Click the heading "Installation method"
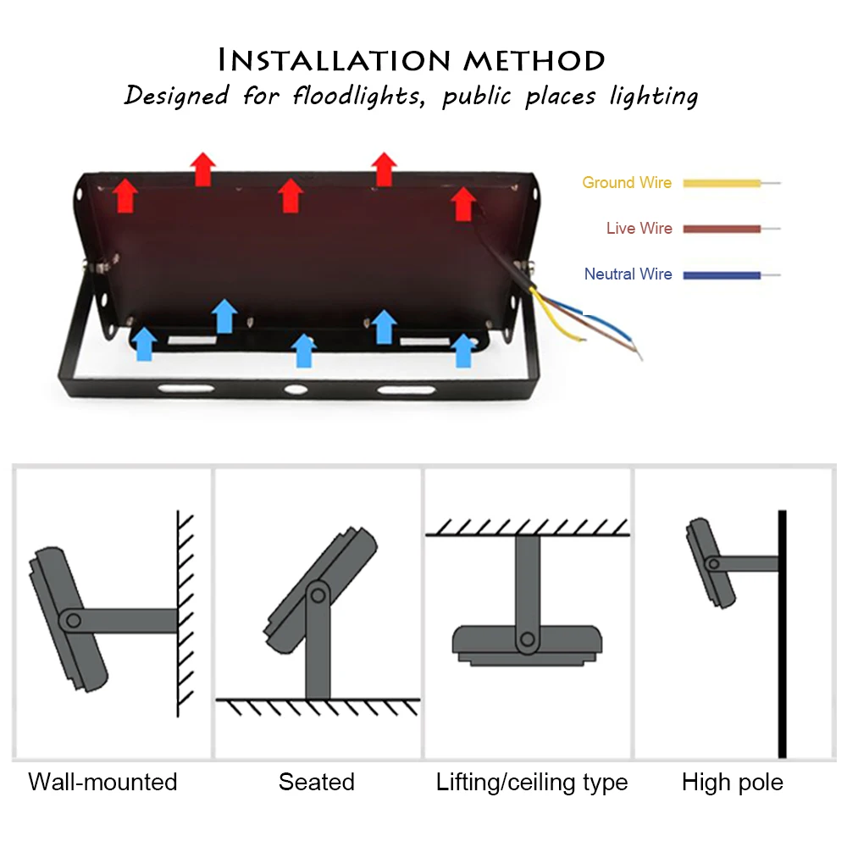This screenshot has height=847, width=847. pyautogui.click(x=412, y=60)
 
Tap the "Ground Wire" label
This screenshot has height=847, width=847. pyautogui.click(x=626, y=182)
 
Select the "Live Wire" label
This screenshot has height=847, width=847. pyautogui.click(x=639, y=228)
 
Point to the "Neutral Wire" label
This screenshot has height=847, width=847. pyautogui.click(x=628, y=274)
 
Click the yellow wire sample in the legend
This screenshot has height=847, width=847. pyautogui.click(x=722, y=182)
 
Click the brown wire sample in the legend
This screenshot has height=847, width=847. pyautogui.click(x=722, y=229)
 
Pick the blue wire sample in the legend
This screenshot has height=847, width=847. pyautogui.click(x=722, y=274)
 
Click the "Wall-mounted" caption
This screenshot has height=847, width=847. pyautogui.click(x=102, y=782)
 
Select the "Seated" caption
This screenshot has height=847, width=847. pyautogui.click(x=316, y=782)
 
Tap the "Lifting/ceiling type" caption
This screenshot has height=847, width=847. pyautogui.click(x=532, y=782)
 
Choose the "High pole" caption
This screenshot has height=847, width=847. pyautogui.click(x=733, y=782)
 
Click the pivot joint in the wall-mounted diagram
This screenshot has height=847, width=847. pyautogui.click(x=74, y=621)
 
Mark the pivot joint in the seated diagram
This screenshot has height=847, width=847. pyautogui.click(x=318, y=593)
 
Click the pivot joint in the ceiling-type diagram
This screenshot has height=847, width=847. pyautogui.click(x=528, y=639)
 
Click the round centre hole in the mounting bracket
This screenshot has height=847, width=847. pyautogui.click(x=295, y=390)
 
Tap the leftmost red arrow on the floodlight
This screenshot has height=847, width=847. pyautogui.click(x=126, y=195)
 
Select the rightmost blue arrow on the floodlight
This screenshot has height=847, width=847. pyautogui.click(x=462, y=350)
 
